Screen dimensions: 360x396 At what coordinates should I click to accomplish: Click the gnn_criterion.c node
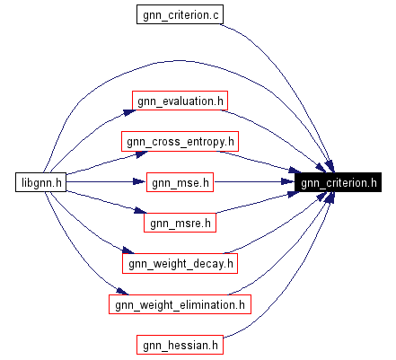pyautogui.click(x=179, y=16)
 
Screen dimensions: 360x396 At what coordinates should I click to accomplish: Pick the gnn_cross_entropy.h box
pyautogui.click(x=180, y=141)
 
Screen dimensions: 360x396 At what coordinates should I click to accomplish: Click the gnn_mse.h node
pyautogui.click(x=180, y=182)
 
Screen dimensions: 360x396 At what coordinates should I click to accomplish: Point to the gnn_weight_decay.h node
pyautogui.click(x=180, y=263)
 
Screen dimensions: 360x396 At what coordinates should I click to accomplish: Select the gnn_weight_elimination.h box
pyautogui.click(x=180, y=304)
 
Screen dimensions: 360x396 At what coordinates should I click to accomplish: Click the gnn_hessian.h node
pyautogui.click(x=180, y=345)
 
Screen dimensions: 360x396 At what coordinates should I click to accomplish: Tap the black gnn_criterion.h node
pyautogui.click(x=338, y=182)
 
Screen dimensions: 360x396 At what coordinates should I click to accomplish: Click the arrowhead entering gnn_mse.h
pyautogui.click(x=140, y=182)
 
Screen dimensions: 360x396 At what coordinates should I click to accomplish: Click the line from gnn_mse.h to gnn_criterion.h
pyautogui.click(x=256, y=182)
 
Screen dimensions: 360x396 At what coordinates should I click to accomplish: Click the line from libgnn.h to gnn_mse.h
pyautogui.click(x=103, y=182)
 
